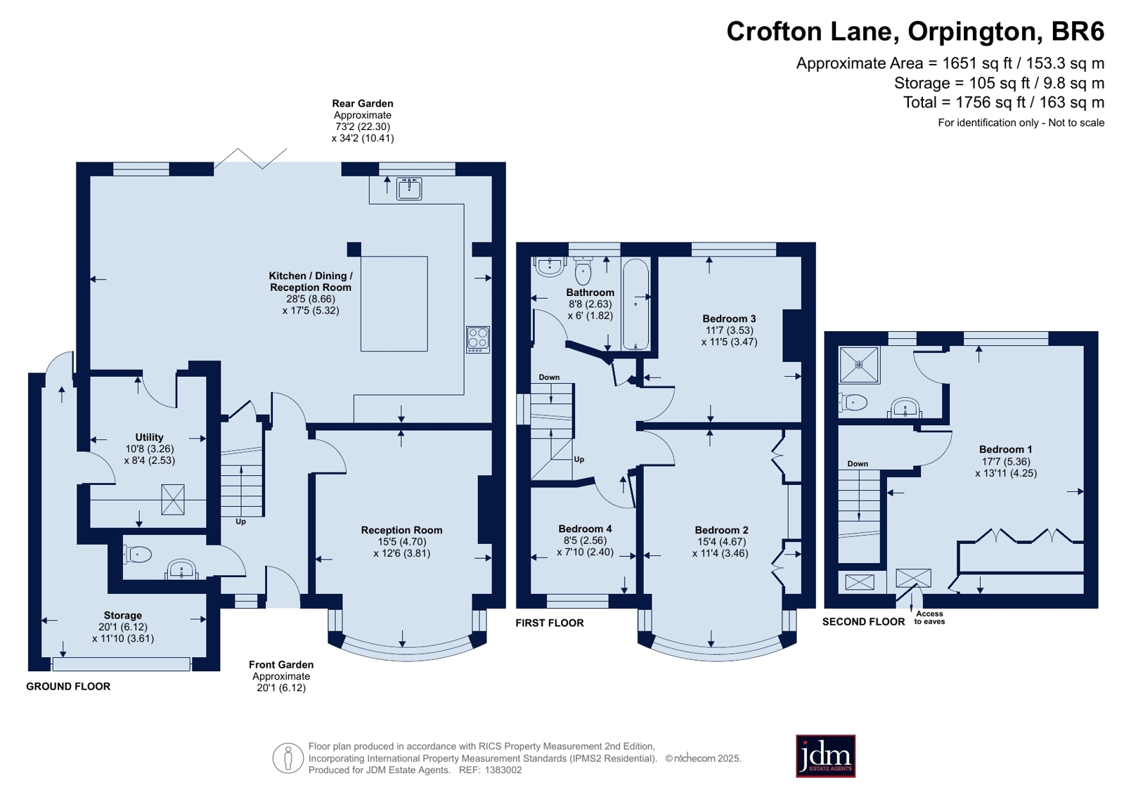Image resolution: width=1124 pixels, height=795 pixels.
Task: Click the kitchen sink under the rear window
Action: point(409,188)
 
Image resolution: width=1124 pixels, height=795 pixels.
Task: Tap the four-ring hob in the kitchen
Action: point(478,340)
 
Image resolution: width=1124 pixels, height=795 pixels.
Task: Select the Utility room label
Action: point(149,437)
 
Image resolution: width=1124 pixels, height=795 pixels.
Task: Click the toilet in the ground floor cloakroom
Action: point(137,555)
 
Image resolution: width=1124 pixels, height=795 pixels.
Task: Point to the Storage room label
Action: point(123,615)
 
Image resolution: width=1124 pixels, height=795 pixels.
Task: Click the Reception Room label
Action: point(401,530)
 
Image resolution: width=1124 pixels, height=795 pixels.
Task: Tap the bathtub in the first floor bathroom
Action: point(635,304)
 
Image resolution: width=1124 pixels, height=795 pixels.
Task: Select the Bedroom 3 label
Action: point(729,318)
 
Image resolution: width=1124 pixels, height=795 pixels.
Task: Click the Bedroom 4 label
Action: point(585,529)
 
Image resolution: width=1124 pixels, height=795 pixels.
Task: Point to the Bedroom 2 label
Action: point(722,530)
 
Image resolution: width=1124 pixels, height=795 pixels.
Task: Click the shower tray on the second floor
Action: point(859,365)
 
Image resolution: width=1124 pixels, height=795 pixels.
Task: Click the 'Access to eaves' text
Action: point(929,617)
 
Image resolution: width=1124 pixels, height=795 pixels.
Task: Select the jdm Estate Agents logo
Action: point(825,756)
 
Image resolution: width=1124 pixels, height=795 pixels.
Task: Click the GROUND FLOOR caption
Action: point(68,686)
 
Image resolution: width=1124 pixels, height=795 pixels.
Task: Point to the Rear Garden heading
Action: point(362,103)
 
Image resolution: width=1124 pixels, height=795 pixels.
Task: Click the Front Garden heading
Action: point(281,664)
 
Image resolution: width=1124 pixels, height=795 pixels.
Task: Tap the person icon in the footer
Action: point(288,758)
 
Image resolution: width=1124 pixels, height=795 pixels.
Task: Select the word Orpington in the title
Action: point(971,32)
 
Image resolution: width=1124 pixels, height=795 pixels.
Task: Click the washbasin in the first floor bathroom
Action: point(550,266)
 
